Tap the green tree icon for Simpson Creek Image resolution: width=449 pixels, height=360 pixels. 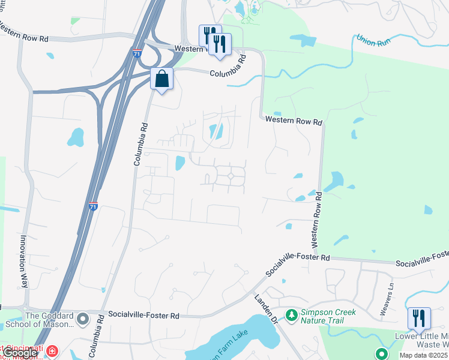[x=291, y=314]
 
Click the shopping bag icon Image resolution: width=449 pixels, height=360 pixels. [x=162, y=78]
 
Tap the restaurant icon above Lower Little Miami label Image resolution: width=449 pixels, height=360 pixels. [x=418, y=317]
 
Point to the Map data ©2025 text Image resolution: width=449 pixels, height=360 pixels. [x=424, y=355]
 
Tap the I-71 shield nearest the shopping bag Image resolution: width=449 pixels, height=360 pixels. [x=137, y=53]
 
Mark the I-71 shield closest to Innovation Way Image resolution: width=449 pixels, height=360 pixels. [x=93, y=206]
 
